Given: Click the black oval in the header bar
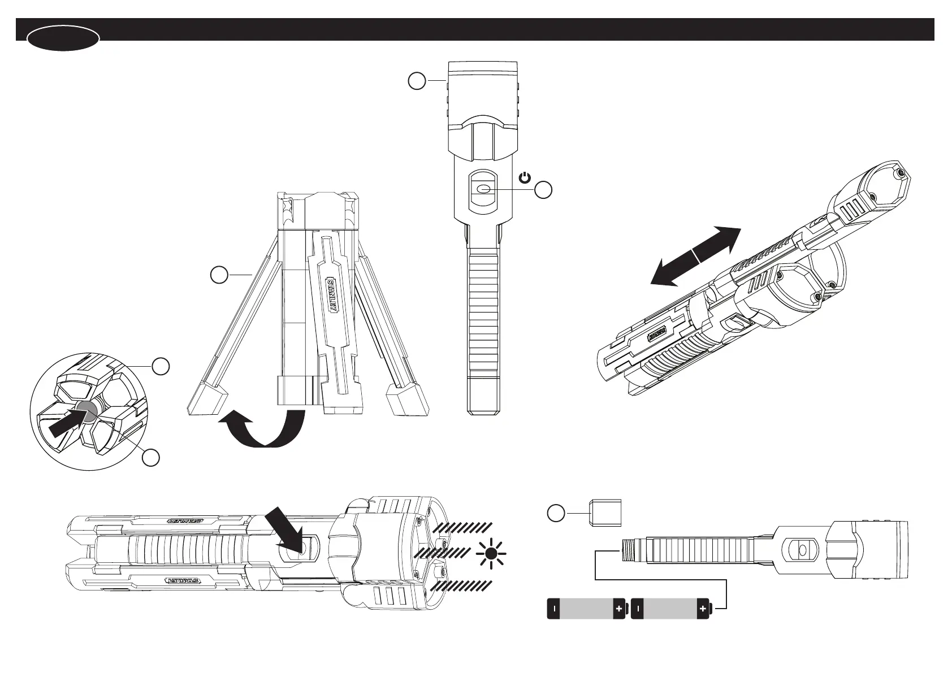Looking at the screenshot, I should point(63,38).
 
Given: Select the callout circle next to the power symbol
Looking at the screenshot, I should point(544,190).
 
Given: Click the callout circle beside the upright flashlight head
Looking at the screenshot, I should point(417,81).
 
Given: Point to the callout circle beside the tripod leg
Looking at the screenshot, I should point(219,275).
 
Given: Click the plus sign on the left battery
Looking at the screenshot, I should point(619,609).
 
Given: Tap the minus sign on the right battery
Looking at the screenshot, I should point(638,609).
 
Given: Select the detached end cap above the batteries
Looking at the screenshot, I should point(605,513).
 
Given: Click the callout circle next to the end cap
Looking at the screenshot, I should point(556,513).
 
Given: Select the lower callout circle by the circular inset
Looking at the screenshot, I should point(150,458).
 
